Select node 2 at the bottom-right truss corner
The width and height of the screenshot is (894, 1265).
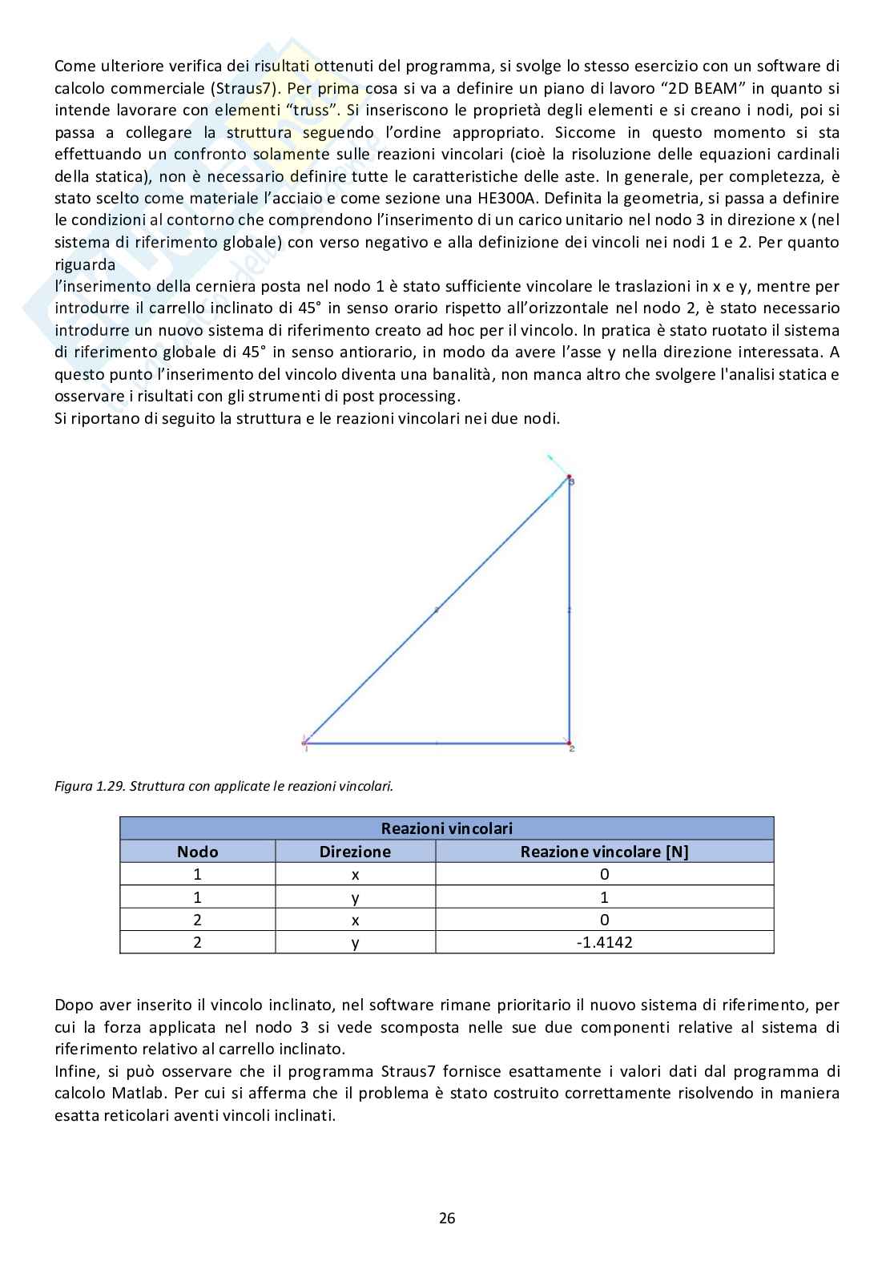tap(570, 743)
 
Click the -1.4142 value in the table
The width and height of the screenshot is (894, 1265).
tap(604, 942)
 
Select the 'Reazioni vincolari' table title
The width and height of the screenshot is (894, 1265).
tap(446, 828)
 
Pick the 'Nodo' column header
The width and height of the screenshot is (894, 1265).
tap(197, 852)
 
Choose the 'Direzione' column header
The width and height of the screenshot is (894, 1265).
tap(355, 852)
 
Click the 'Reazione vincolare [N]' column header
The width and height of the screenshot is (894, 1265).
tap(604, 852)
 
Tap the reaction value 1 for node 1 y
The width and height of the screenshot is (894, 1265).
tap(604, 897)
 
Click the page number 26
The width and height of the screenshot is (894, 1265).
tap(447, 1219)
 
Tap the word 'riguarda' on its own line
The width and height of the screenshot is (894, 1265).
tap(85, 264)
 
